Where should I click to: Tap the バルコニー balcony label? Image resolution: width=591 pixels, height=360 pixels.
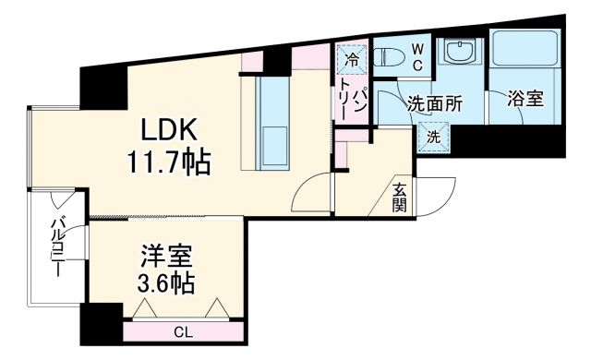click(56, 250)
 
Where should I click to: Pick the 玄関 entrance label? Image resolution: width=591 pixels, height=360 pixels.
click(399, 196)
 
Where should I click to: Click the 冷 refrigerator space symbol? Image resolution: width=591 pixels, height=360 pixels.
click(352, 59)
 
